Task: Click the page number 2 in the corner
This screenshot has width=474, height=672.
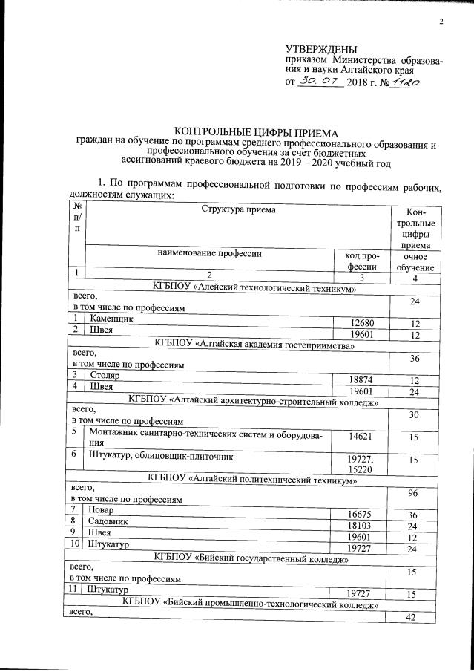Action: coord(440,20)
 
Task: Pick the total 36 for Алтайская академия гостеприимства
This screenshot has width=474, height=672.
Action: coord(415,359)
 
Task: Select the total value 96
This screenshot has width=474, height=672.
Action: coord(415,492)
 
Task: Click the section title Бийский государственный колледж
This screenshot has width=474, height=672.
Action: coord(251,555)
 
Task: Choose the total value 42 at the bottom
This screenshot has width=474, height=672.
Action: coord(415,619)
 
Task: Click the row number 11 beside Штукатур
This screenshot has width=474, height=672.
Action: coord(76,590)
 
